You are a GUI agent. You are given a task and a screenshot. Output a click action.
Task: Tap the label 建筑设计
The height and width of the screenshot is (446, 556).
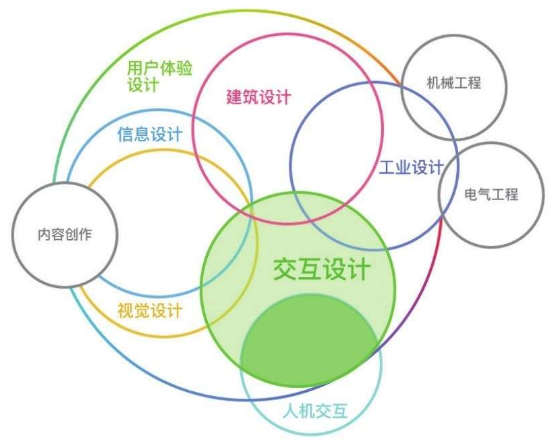[x=258, y=97]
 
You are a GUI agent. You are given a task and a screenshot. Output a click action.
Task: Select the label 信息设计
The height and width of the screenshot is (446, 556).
[x=149, y=134]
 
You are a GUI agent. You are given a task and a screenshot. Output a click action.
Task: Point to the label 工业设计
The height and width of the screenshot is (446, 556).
[x=410, y=167]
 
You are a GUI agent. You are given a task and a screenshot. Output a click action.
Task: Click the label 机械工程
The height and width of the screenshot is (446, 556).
[x=453, y=83]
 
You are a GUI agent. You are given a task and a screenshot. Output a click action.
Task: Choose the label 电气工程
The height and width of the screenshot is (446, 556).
[x=491, y=195]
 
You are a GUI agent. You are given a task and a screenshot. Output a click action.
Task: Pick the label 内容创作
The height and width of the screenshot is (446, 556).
[x=65, y=235]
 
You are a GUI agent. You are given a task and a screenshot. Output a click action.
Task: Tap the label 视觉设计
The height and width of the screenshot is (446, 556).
[x=149, y=311]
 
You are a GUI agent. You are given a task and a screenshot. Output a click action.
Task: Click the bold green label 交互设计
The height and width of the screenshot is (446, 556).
[x=322, y=269]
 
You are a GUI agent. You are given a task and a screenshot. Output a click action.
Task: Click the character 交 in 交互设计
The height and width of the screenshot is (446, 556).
[x=285, y=269]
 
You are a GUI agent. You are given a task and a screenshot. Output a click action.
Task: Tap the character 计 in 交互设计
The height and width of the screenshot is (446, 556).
[x=358, y=269]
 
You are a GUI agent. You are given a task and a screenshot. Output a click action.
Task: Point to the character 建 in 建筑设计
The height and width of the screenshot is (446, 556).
[x=234, y=97]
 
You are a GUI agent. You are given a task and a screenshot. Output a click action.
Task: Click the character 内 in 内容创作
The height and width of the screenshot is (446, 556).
[x=45, y=235]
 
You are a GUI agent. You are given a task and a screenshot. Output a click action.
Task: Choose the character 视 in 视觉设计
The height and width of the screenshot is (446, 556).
[x=125, y=311]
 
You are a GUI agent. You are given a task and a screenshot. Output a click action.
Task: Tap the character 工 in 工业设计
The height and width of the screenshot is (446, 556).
[x=387, y=167]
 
